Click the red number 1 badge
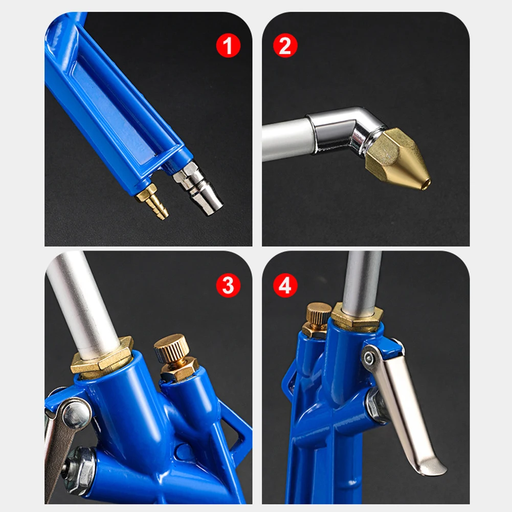click(x=228, y=47)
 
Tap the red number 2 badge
click(x=285, y=47)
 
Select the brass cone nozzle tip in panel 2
click(x=401, y=159)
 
